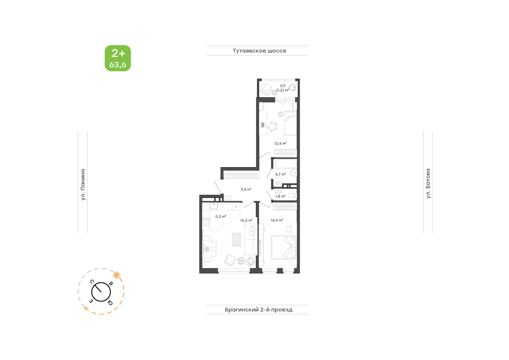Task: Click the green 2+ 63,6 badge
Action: tap(118, 58)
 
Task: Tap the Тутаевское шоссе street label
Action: tap(259, 50)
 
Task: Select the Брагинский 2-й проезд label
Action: tap(259, 310)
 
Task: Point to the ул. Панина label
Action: tap(83, 184)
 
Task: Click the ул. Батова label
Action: tap(428, 183)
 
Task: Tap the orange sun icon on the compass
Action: tap(116, 275)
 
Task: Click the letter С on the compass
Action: tap(92, 281)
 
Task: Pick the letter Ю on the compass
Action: tap(110, 303)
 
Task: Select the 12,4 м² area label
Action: tap(280, 144)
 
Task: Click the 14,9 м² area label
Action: tap(277, 221)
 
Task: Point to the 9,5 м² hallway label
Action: tap(246, 189)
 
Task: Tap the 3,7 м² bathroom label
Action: tap(280, 174)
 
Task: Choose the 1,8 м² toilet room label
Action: tap(280, 196)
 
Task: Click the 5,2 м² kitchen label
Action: tap(221, 216)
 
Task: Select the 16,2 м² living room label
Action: tap(247, 221)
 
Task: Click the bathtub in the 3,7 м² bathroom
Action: tap(285, 164)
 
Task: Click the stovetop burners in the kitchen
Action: tap(206, 222)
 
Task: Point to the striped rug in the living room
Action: tap(236, 239)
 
